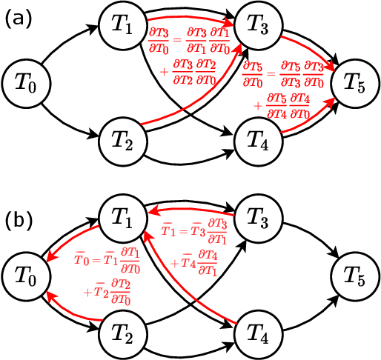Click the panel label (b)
coord(18,220)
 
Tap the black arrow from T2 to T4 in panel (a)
coord(189,157)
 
